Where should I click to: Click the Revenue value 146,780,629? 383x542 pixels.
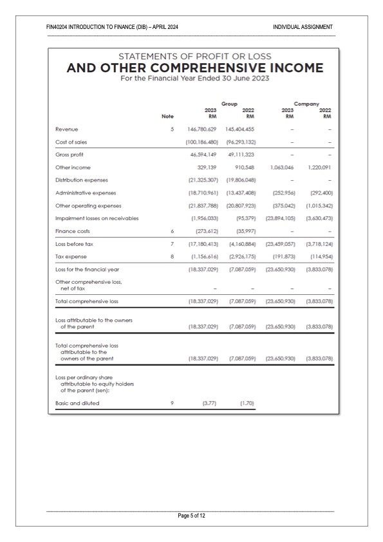click(x=203, y=129)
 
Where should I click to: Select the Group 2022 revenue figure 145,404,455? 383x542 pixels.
click(x=240, y=129)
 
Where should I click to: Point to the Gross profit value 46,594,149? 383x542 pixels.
click(x=205, y=154)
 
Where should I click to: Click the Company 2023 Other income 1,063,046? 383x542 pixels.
click(x=279, y=167)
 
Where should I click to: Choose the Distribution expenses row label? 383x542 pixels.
click(x=82, y=180)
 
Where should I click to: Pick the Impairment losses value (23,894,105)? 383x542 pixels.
click(x=279, y=218)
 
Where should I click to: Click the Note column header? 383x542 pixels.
click(x=167, y=117)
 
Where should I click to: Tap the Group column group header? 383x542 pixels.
click(x=229, y=103)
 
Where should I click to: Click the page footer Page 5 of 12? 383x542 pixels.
click(x=192, y=516)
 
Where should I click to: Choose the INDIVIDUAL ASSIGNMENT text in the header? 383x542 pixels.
click(x=303, y=27)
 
